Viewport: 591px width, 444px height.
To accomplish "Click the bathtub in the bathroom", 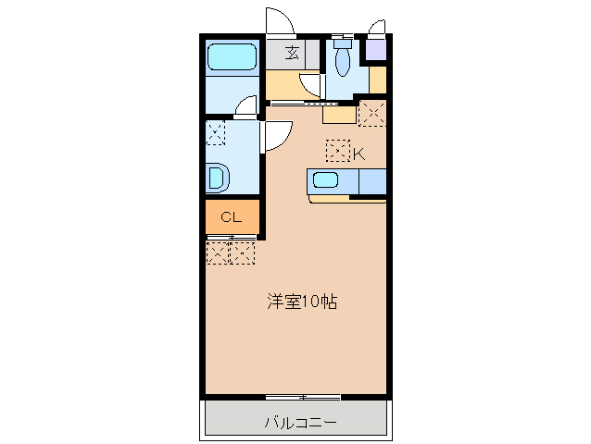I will point(231,58).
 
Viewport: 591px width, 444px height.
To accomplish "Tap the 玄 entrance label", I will point(292,53).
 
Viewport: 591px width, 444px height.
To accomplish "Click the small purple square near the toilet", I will point(375,50).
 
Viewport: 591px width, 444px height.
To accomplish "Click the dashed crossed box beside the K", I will point(338,151).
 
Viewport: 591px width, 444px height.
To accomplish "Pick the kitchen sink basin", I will point(326,181).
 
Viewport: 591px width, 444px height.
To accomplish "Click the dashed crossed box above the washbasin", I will point(215,131).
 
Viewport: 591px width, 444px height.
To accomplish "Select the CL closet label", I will point(231,218).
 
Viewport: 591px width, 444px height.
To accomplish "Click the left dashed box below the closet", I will point(218,252).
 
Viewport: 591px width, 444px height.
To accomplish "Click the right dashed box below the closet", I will point(242,252).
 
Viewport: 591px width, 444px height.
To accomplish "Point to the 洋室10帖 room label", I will point(302,301).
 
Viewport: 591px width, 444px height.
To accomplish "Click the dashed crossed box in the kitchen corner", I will point(372,114).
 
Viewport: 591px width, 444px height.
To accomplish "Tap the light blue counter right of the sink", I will point(371,182).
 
